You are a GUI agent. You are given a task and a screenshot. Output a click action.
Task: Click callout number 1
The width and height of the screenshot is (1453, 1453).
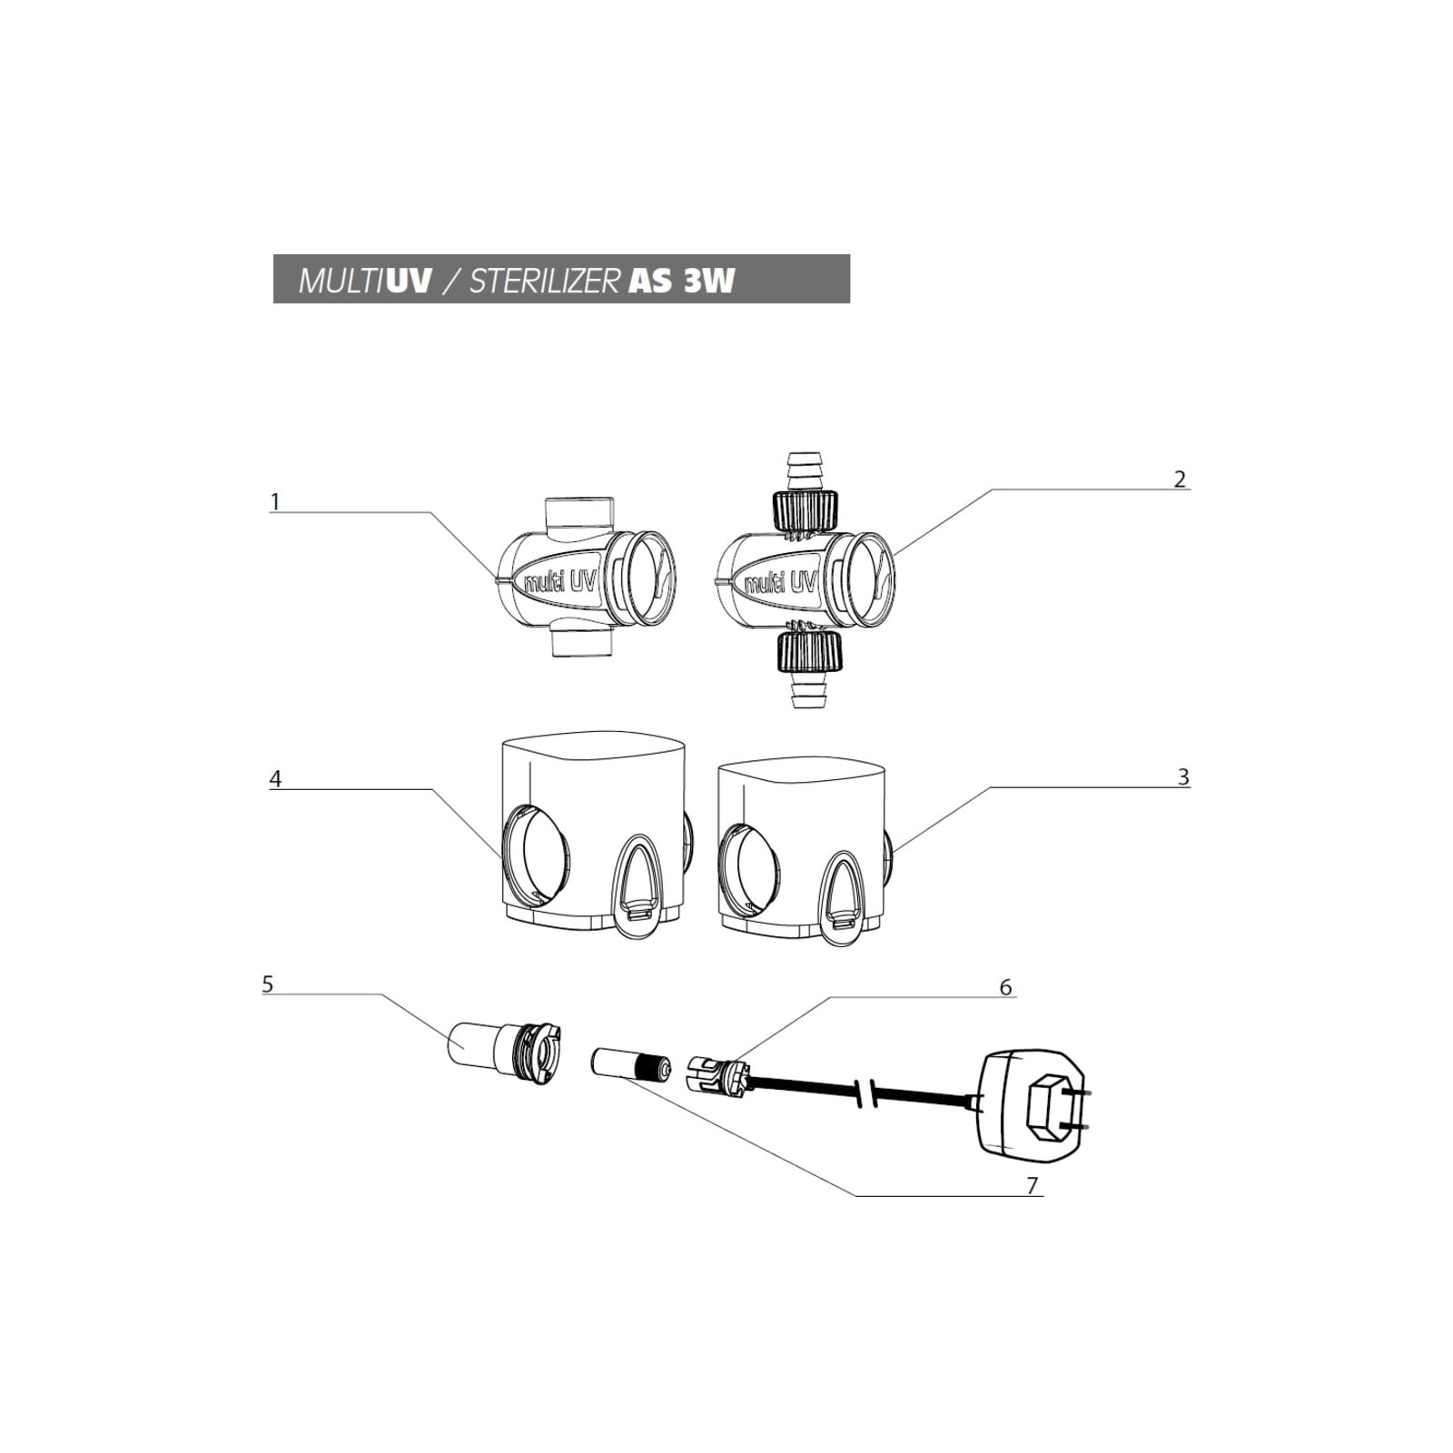[275, 501]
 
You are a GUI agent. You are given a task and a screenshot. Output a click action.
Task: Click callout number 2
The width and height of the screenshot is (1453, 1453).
[1180, 479]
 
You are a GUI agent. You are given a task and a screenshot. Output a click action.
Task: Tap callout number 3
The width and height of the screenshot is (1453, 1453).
[1183, 776]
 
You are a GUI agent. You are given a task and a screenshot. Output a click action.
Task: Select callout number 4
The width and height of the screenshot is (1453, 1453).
[275, 778]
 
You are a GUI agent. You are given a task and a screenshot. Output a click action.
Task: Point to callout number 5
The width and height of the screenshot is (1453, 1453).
[267, 983]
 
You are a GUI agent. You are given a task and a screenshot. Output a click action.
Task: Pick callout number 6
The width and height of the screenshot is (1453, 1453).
[1005, 987]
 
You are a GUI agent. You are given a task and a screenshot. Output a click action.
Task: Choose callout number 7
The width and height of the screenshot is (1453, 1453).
[1032, 1185]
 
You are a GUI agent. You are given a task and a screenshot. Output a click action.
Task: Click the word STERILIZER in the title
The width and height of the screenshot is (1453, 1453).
[543, 281]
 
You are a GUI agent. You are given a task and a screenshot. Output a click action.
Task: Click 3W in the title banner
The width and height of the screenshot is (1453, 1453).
[709, 281]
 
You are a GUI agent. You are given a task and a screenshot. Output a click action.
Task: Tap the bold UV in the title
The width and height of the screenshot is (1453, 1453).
[409, 281]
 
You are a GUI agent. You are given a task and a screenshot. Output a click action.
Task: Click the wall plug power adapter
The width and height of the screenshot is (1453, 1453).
[1033, 1106]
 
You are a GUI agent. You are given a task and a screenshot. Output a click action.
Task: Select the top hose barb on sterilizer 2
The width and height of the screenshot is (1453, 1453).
[802, 470]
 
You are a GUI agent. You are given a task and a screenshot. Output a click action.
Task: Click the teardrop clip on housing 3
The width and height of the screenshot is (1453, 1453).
[842, 897]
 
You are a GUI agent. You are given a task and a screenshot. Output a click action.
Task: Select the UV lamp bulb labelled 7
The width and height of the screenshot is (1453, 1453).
[630, 1063]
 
